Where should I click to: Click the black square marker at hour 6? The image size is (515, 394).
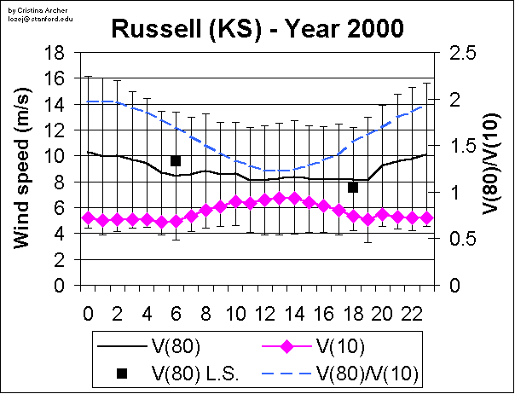[176, 160]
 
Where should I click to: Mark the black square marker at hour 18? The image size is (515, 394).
[353, 188]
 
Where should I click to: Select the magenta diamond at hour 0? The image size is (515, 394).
[87, 218]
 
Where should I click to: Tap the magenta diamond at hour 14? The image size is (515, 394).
[294, 199]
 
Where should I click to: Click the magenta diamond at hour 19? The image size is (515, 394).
[367, 219]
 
